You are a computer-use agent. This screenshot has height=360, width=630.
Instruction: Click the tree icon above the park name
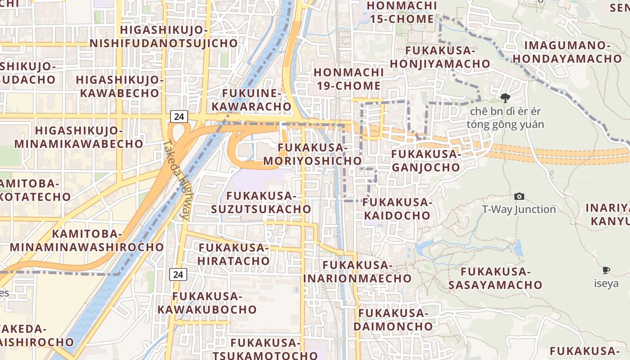pos(505,98)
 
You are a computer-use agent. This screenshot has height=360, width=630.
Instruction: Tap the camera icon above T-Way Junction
pos(519,196)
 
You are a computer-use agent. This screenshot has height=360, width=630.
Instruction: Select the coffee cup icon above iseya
pos(606,270)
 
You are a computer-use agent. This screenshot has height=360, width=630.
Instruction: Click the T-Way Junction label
pos(519,209)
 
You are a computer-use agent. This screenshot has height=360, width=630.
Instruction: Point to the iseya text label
pos(606,283)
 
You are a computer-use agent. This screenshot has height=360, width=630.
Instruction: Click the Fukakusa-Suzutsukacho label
pos(261,202)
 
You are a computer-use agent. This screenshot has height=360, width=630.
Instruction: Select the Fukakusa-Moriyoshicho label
pos(312,154)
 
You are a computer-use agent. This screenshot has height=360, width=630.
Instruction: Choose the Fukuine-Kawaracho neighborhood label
pos(252,100)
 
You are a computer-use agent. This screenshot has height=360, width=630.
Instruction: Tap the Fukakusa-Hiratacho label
pos(234,254)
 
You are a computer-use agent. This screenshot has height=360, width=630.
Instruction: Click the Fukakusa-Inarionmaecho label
pos(357,271)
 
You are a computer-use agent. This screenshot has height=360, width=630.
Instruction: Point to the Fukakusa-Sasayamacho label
pos(495,278)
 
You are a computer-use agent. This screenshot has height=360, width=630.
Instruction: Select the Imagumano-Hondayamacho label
pos(567,52)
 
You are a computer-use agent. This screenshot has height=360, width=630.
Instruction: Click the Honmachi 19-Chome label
pos(349,79)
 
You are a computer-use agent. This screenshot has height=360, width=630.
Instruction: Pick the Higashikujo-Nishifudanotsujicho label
pos(164,36)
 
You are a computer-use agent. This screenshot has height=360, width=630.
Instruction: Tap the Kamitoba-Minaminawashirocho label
pos(87,240)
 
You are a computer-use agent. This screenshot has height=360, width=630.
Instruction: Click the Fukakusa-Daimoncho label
pos(393,319)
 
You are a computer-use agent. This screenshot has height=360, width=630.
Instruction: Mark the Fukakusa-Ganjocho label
pos(426,161)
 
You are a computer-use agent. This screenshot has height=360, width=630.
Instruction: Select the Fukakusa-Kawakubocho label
pos(207,303)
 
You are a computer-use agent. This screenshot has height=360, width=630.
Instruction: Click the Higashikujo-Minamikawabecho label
pos(79,137)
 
